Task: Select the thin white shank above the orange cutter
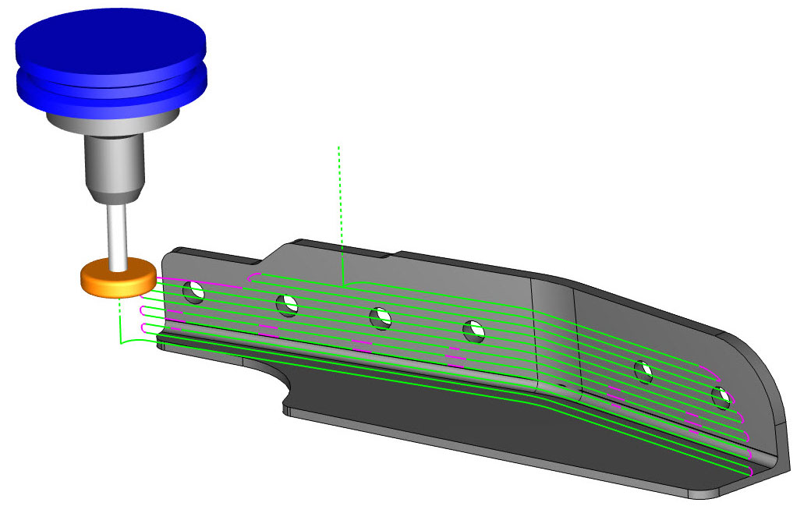(x=118, y=233)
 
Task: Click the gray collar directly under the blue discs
(x=112, y=121)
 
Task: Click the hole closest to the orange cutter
(x=193, y=292)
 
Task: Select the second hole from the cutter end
(x=288, y=305)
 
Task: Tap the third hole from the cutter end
(x=381, y=317)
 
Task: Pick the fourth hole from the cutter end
(x=473, y=331)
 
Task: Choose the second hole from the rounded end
(x=643, y=371)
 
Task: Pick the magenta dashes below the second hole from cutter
(x=267, y=331)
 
